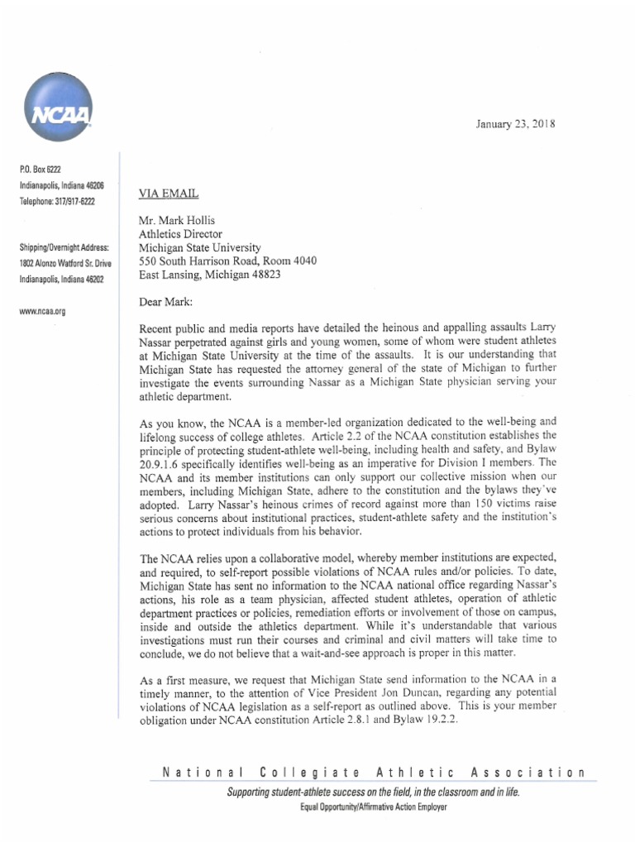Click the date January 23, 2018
[515, 124]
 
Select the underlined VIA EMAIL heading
[169, 194]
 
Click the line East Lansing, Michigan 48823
[211, 274]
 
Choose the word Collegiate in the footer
[309, 773]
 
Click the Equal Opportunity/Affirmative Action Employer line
[374, 806]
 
